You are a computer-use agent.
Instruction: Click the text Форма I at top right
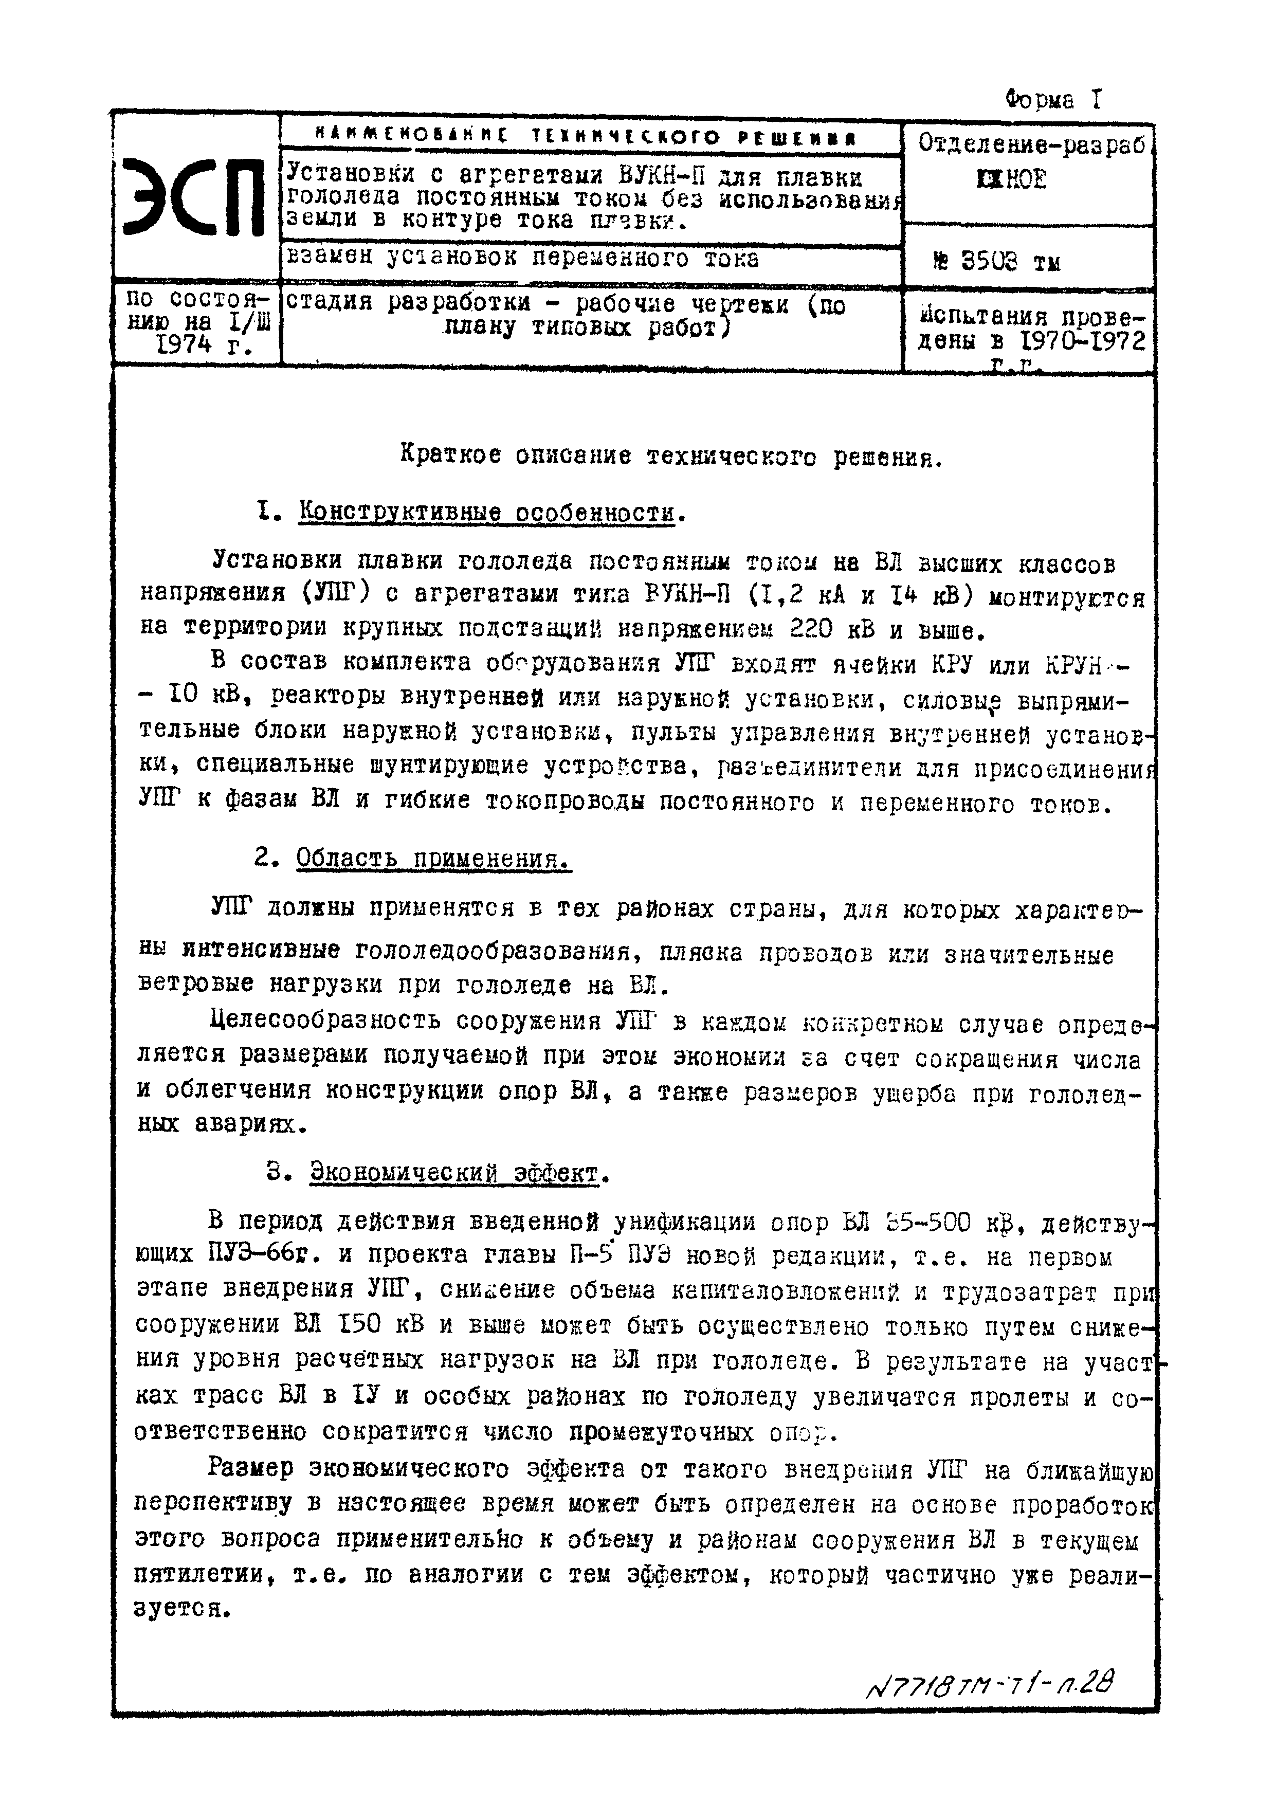1053,100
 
